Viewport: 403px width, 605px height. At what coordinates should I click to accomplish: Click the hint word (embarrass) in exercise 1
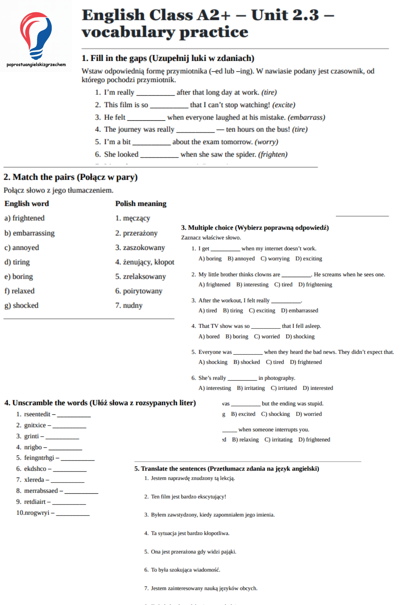[306, 117]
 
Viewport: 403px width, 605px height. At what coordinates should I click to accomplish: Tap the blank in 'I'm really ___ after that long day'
[155, 93]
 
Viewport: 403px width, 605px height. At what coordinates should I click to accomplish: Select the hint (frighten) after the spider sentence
[273, 155]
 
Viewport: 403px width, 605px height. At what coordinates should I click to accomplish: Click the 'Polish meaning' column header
[141, 204]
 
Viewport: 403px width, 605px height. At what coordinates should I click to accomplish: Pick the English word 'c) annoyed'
[22, 248]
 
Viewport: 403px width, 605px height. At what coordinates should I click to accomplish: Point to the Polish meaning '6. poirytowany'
[139, 291]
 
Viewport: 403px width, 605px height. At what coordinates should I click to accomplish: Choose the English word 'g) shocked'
[21, 306]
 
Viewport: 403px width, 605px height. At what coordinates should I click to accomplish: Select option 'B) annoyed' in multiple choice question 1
[241, 259]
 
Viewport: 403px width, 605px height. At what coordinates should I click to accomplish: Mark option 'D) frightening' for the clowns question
[315, 285]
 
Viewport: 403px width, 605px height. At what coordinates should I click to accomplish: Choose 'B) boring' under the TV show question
[237, 337]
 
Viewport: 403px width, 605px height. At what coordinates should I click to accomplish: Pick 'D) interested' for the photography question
[318, 388]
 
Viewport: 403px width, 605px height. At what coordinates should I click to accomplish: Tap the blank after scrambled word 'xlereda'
[67, 480]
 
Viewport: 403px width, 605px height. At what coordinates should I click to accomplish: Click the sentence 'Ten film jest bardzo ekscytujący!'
[188, 497]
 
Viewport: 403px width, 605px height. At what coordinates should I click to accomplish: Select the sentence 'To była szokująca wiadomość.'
[185, 570]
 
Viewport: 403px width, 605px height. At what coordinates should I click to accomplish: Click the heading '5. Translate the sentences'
[227, 469]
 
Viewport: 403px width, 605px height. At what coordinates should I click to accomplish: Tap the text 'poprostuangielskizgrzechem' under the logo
[36, 64]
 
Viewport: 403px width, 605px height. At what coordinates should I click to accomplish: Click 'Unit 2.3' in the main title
[285, 15]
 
